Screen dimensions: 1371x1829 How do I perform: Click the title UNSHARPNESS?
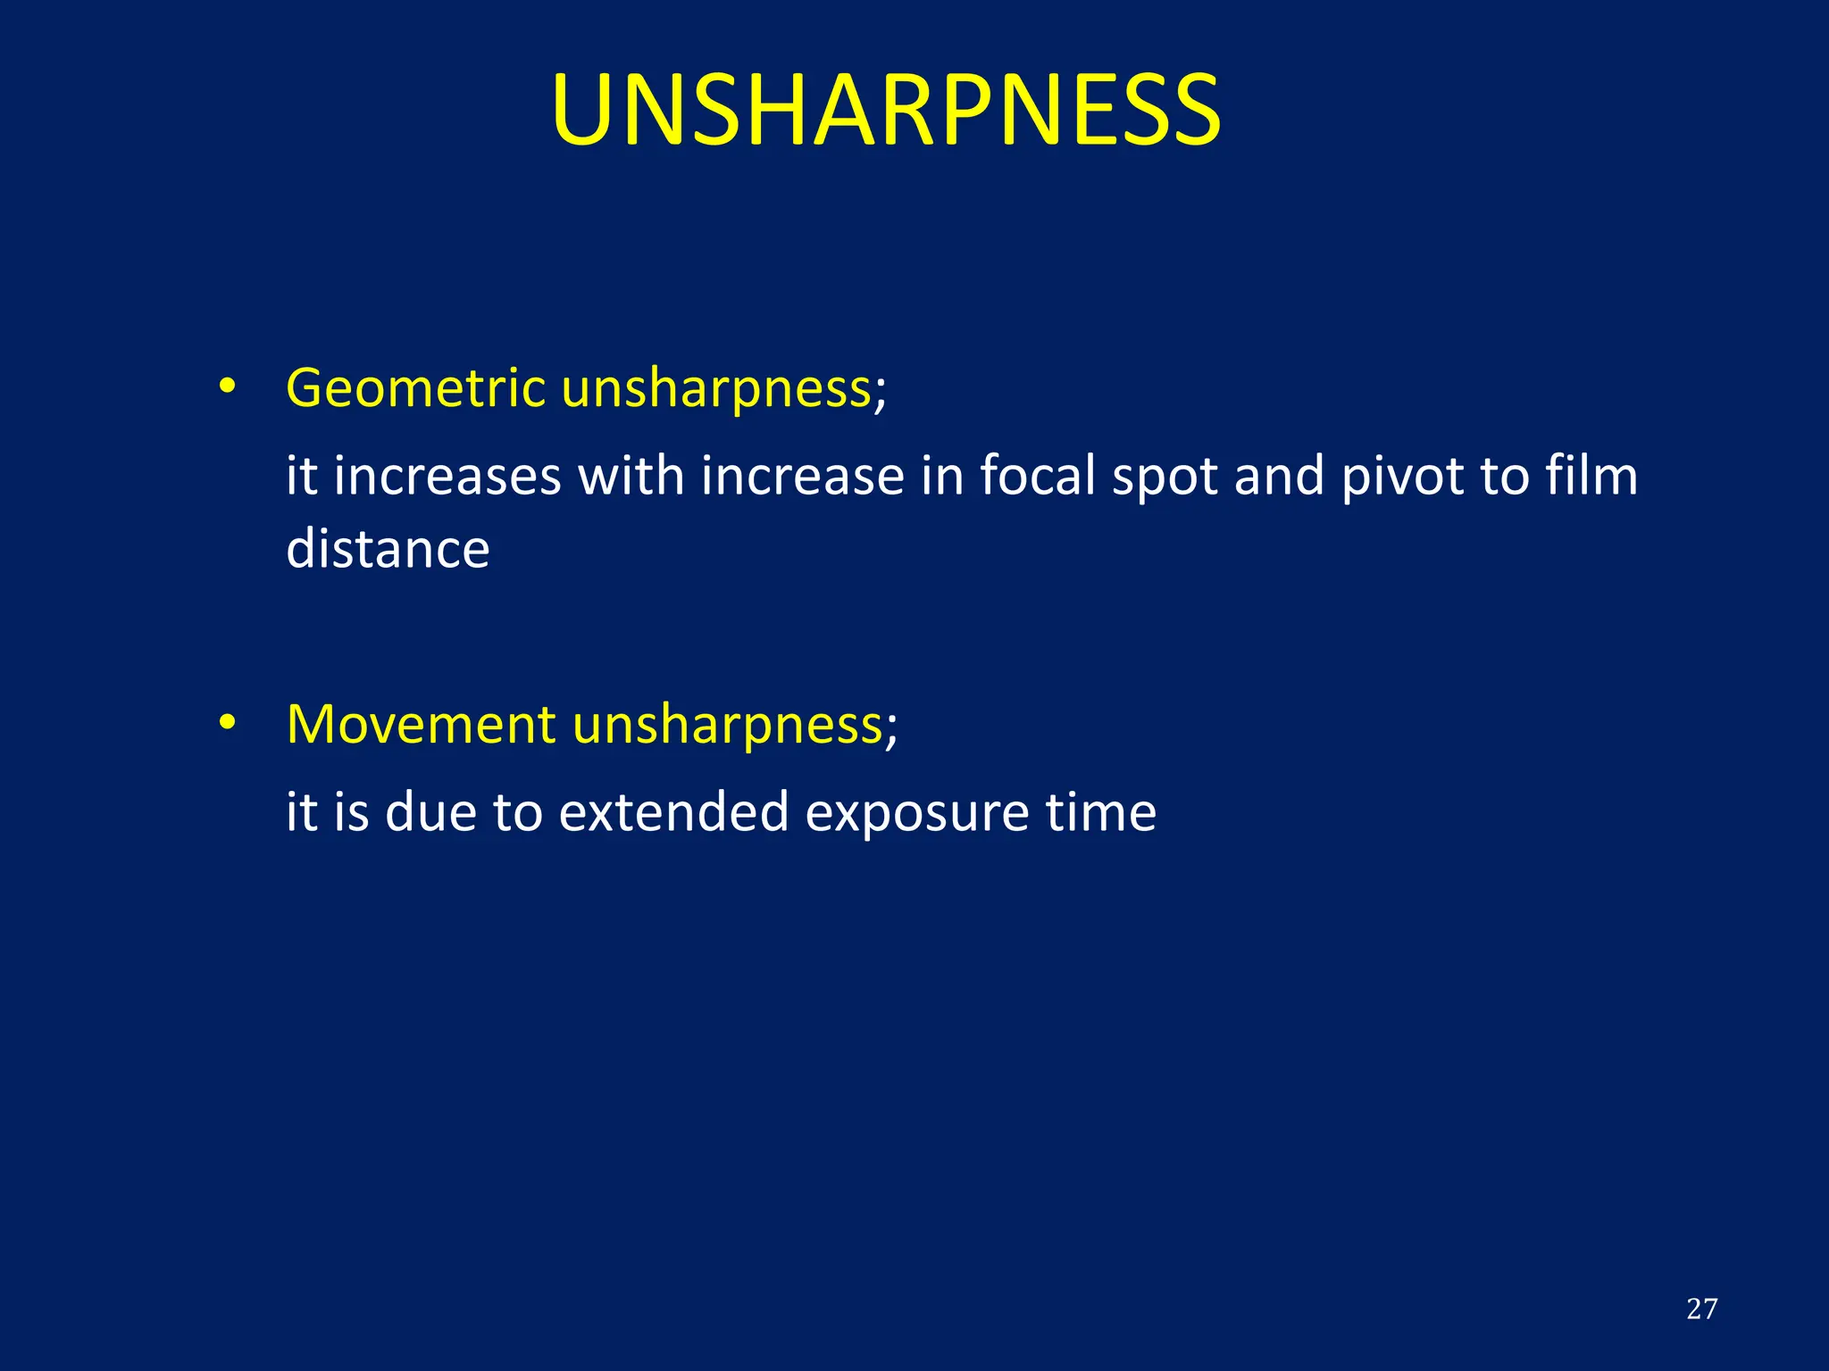coord(886,110)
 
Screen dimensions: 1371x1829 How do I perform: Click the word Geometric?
coord(415,389)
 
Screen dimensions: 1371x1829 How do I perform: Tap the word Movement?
coord(421,724)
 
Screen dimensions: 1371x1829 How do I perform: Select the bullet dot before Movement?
coord(228,722)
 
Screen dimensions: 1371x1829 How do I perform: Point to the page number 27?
coord(1701,1309)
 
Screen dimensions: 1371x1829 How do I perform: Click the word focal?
coord(1037,475)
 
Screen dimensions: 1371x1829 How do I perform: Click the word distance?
coord(388,548)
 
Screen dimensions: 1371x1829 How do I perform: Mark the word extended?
coord(673,811)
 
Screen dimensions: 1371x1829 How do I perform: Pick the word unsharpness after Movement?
coord(728,724)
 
